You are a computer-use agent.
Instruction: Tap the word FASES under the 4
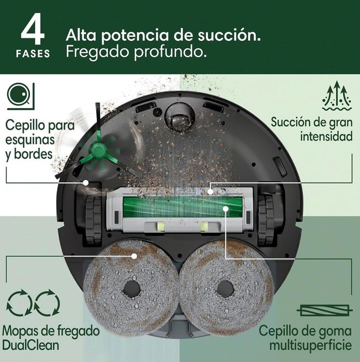tap(33, 54)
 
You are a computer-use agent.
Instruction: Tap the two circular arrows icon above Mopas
tap(33, 305)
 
